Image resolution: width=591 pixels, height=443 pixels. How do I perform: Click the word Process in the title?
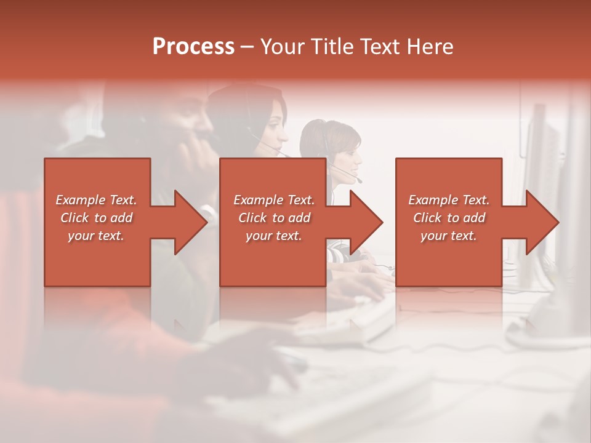tap(193, 47)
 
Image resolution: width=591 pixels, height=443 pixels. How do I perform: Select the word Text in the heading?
tap(377, 47)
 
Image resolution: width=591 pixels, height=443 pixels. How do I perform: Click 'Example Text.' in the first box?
tap(96, 200)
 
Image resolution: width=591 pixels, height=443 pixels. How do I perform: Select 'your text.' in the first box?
tap(96, 236)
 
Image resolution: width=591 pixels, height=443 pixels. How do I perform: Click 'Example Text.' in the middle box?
tap(274, 200)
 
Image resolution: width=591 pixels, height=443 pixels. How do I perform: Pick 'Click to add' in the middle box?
tap(274, 218)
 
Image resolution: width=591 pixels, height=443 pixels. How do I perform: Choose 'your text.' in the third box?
tap(449, 236)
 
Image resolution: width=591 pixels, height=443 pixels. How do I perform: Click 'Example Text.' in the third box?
tap(449, 200)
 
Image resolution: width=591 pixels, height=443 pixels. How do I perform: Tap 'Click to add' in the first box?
tap(96, 218)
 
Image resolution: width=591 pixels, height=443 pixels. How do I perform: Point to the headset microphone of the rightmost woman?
tap(359, 181)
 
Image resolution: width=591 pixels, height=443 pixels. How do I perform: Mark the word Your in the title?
tap(279, 47)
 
